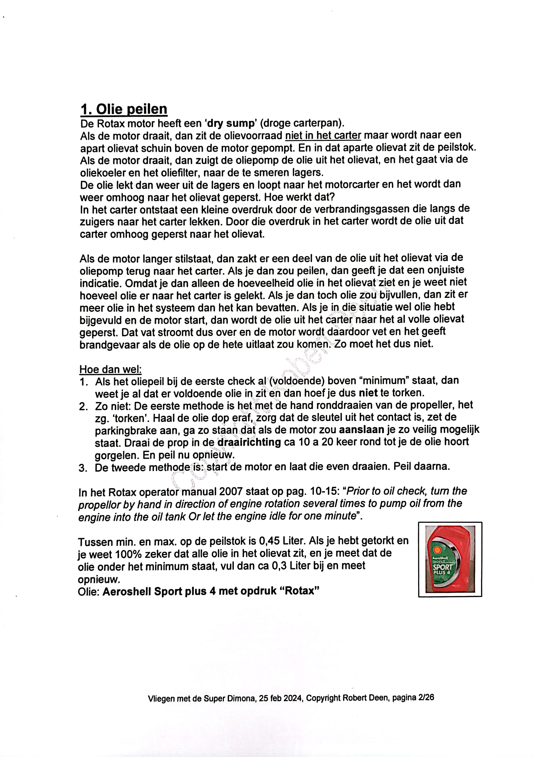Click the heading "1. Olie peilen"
click(x=124, y=109)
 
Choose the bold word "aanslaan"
click(x=361, y=430)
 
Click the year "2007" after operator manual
click(x=230, y=492)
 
